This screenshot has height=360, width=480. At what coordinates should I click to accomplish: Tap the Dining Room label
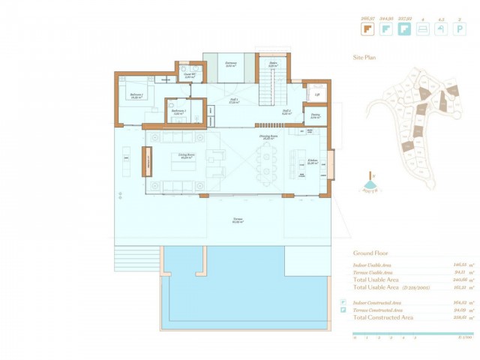(268, 137)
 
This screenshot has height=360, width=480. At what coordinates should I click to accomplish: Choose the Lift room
(316, 95)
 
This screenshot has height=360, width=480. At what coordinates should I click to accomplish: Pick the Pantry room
(315, 115)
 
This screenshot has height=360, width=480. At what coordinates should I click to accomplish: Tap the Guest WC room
(190, 75)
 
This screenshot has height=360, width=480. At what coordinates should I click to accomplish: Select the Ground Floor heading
(372, 253)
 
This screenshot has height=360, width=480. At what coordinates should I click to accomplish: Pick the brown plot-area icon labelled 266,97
(367, 29)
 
